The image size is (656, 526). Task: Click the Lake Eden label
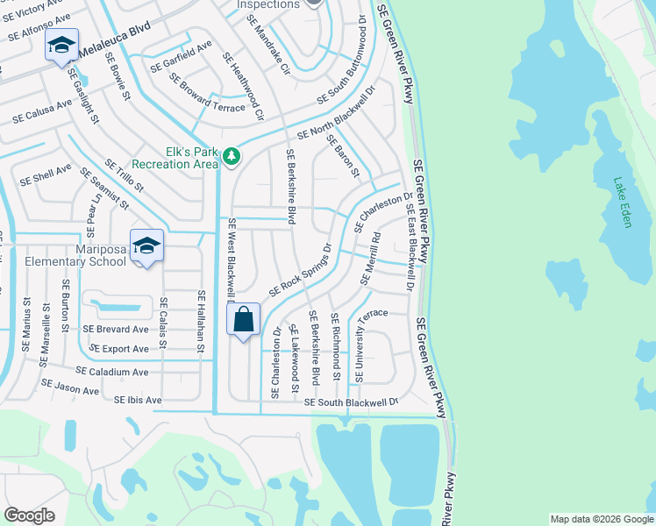coord(623,203)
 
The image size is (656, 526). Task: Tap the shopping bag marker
coord(244,319)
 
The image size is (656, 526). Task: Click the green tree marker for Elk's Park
coord(231,157)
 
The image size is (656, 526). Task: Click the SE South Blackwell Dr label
coord(351,402)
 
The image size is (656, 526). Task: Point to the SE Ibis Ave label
coord(138,401)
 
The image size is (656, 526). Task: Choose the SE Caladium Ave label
coord(111,372)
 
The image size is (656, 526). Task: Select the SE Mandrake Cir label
coord(268,42)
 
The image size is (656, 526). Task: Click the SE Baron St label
coord(343,155)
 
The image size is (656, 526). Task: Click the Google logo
coord(30,515)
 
